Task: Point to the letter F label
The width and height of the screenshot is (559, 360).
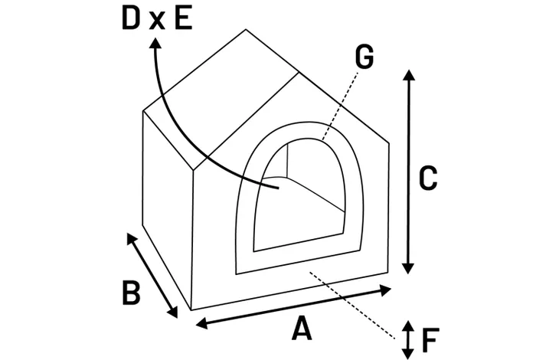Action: point(430,337)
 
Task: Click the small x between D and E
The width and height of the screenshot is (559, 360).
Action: point(157,21)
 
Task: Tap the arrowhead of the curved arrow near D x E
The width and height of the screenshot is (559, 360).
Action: point(156,45)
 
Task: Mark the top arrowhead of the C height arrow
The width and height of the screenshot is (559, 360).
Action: point(408,74)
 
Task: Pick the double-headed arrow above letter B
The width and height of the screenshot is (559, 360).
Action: point(153,275)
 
